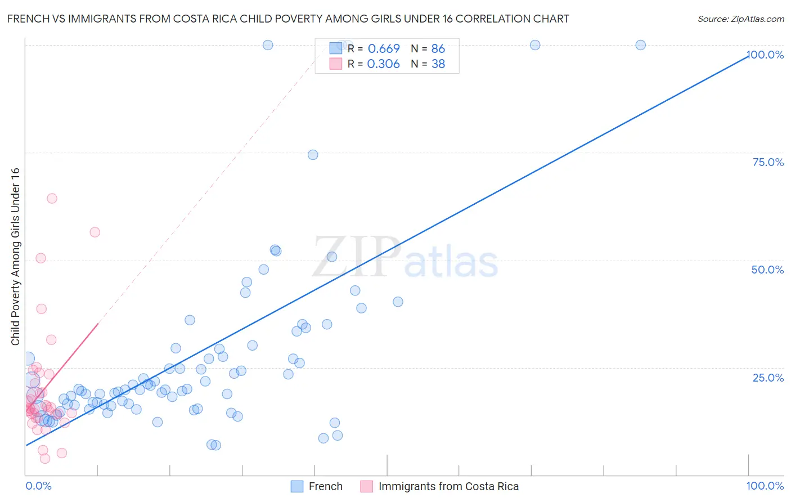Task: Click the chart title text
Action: (x=288, y=19)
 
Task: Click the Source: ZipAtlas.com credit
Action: (x=740, y=19)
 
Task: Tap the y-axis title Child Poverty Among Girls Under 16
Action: (x=15, y=257)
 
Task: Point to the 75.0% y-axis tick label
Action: (x=768, y=162)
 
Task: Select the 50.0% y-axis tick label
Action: (x=767, y=270)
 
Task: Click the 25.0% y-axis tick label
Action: (x=768, y=377)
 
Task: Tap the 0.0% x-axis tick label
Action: (x=38, y=486)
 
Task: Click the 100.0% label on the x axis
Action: (x=765, y=486)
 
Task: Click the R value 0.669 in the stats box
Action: (x=384, y=48)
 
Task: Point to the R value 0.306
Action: (x=383, y=64)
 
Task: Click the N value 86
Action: (x=438, y=48)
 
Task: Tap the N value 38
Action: (x=438, y=64)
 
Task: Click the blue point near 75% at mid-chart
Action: (x=313, y=155)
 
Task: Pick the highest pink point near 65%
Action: (x=52, y=198)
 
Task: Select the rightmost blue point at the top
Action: (x=640, y=45)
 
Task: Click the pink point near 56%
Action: (x=95, y=232)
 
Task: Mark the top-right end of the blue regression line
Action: (x=748, y=56)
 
